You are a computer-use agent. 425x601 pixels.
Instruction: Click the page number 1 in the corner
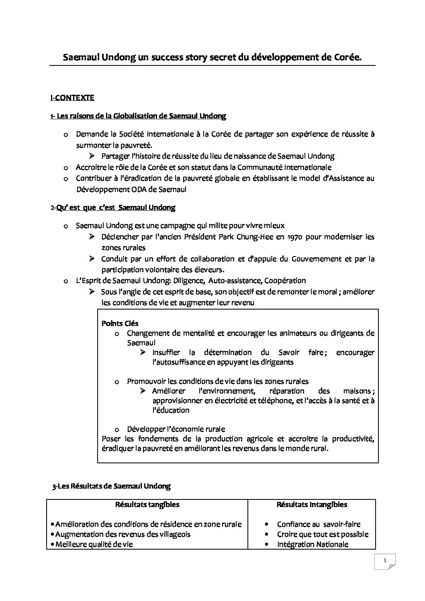[x=385, y=560]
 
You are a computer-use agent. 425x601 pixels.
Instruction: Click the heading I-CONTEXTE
[x=72, y=98]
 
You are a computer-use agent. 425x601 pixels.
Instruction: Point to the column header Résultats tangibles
[x=147, y=505]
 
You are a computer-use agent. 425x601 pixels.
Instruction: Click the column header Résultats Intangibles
[x=312, y=505]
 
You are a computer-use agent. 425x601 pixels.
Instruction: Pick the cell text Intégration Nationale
[x=313, y=544]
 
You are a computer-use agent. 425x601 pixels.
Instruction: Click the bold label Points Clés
[x=120, y=323]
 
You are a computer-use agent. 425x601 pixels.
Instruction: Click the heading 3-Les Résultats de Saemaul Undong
[x=111, y=486]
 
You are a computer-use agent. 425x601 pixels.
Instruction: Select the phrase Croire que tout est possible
[x=323, y=534]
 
